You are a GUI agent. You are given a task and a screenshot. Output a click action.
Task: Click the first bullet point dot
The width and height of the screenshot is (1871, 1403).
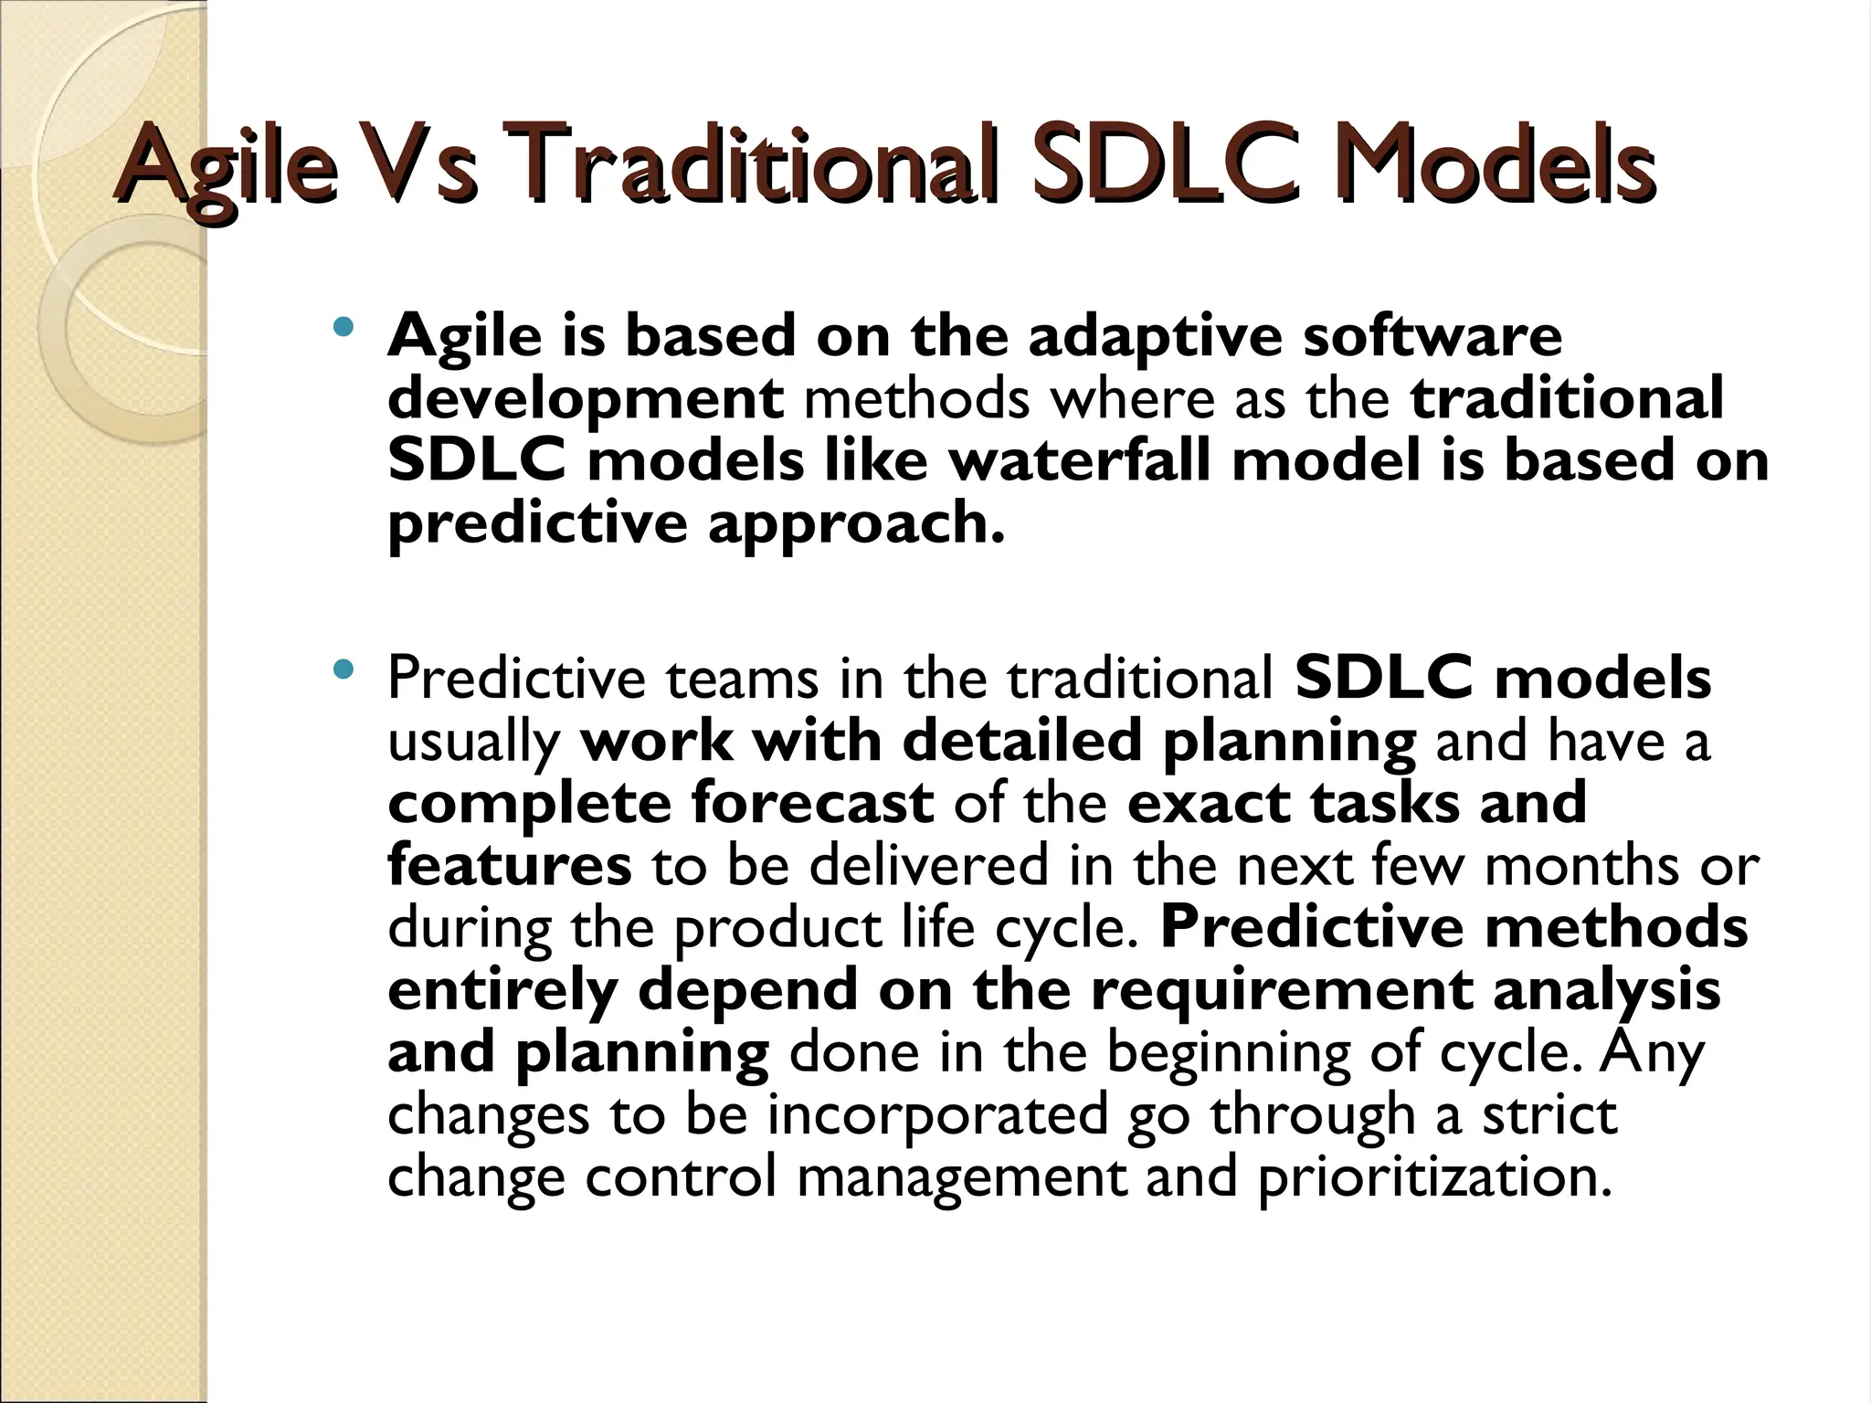tap(343, 326)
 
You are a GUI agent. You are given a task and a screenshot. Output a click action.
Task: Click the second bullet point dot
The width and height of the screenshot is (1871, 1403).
tap(343, 670)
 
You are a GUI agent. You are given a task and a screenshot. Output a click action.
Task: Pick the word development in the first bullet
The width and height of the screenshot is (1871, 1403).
tap(585, 400)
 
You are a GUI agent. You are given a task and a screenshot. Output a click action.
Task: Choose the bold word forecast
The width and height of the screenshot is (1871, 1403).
tap(812, 803)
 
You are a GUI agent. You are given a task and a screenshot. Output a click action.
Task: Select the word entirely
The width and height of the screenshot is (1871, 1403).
tap(502, 991)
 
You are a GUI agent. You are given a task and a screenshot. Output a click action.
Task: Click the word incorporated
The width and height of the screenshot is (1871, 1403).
tap(936, 1115)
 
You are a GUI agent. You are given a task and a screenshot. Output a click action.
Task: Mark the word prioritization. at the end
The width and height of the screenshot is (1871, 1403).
tap(1434, 1177)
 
